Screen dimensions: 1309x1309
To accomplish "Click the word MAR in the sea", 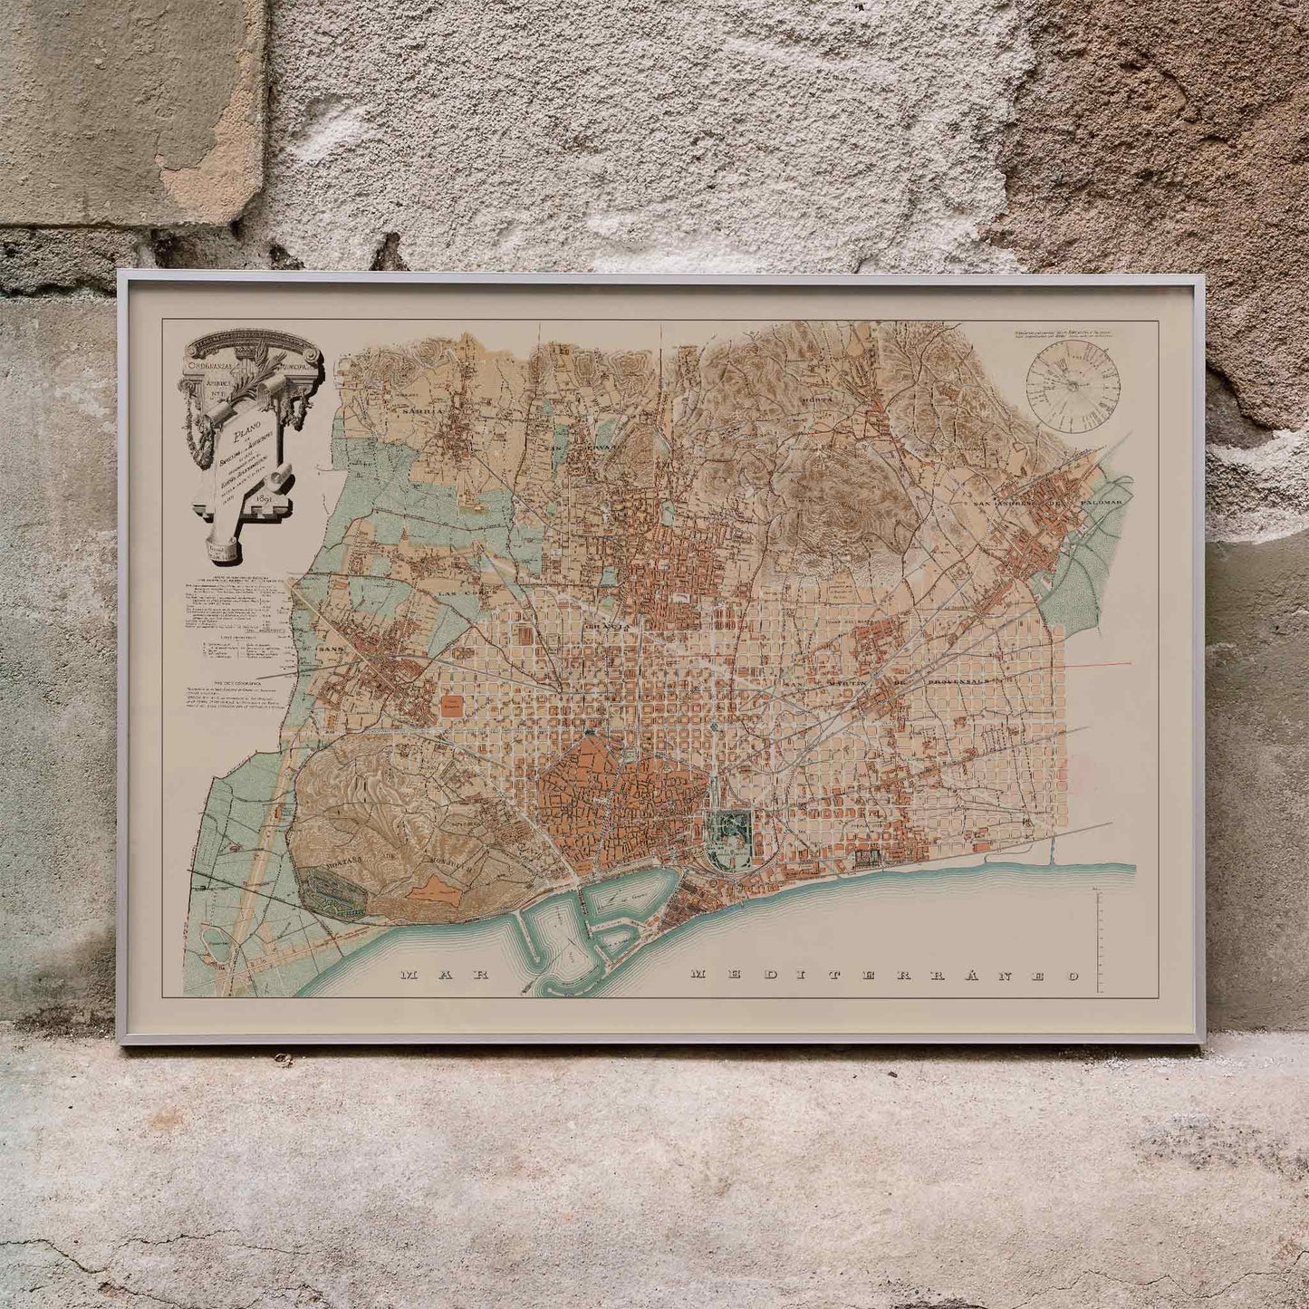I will click(444, 976).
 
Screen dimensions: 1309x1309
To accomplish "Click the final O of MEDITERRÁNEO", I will click(1073, 977).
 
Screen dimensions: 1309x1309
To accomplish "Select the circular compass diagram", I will click(1073, 385).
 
